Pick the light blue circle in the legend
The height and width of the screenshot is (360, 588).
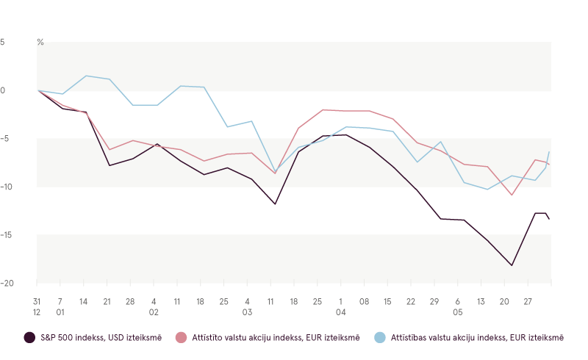[x=379, y=337]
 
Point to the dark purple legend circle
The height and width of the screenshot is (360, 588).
[x=29, y=337]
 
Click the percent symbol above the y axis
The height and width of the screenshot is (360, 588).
[x=40, y=43]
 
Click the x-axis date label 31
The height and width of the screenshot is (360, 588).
[x=37, y=302]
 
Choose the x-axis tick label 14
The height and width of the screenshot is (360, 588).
[x=84, y=302]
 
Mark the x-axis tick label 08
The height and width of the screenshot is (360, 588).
[x=364, y=302]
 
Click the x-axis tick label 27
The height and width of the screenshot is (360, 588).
[x=528, y=302]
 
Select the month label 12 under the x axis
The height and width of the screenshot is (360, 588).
[x=37, y=312]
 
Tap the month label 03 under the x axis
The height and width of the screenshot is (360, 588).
[x=247, y=312]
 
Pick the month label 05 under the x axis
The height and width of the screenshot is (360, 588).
[x=457, y=312]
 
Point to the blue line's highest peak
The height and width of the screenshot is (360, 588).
[x=86, y=76]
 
